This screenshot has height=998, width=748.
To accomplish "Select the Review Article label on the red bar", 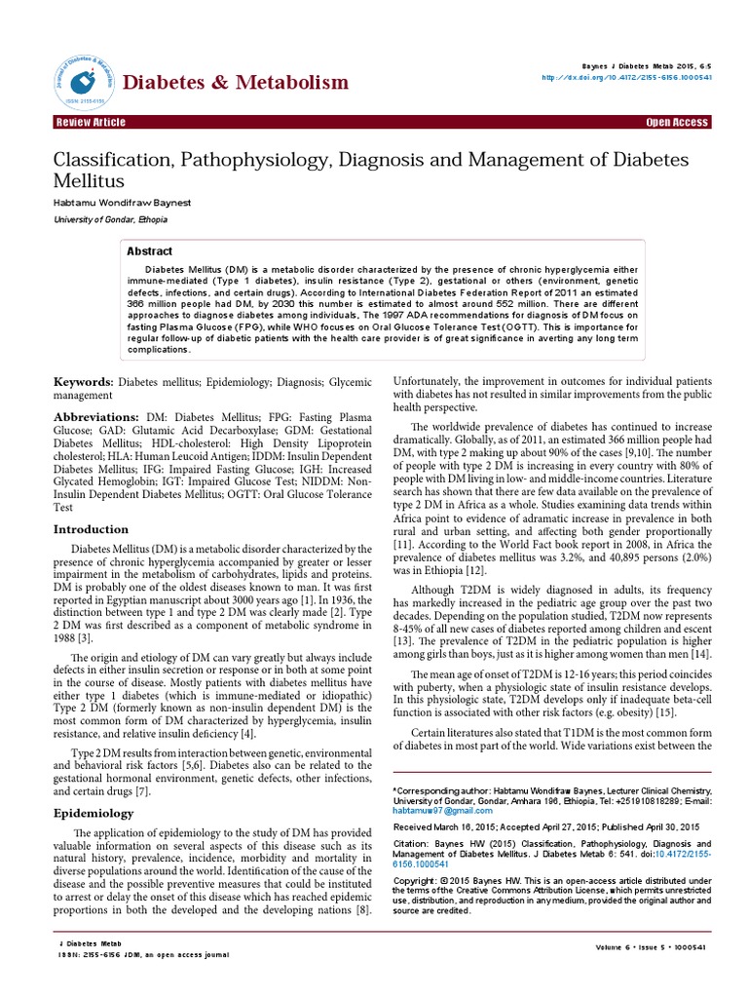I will tap(93, 123).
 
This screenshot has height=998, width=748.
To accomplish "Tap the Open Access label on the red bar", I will tap(677, 123).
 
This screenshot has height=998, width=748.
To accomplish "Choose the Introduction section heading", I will tap(90, 529).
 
